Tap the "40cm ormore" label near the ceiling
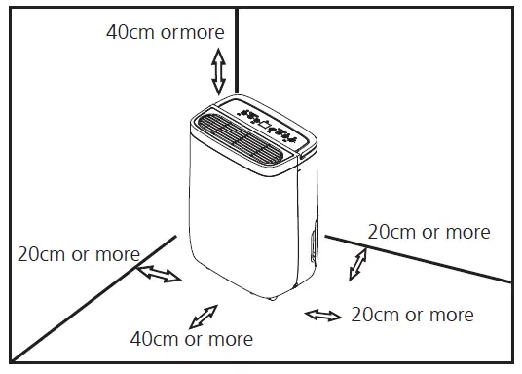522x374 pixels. click(x=165, y=32)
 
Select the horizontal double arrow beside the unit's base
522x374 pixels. click(x=323, y=315)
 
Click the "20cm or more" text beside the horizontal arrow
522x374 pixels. click(x=412, y=315)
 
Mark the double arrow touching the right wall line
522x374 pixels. click(x=360, y=264)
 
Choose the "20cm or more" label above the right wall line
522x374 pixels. click(x=429, y=232)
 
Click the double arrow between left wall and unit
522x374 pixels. click(x=159, y=274)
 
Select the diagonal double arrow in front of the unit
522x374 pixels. click(x=203, y=317)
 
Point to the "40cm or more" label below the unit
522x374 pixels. click(x=192, y=339)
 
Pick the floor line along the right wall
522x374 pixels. click(x=419, y=258)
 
